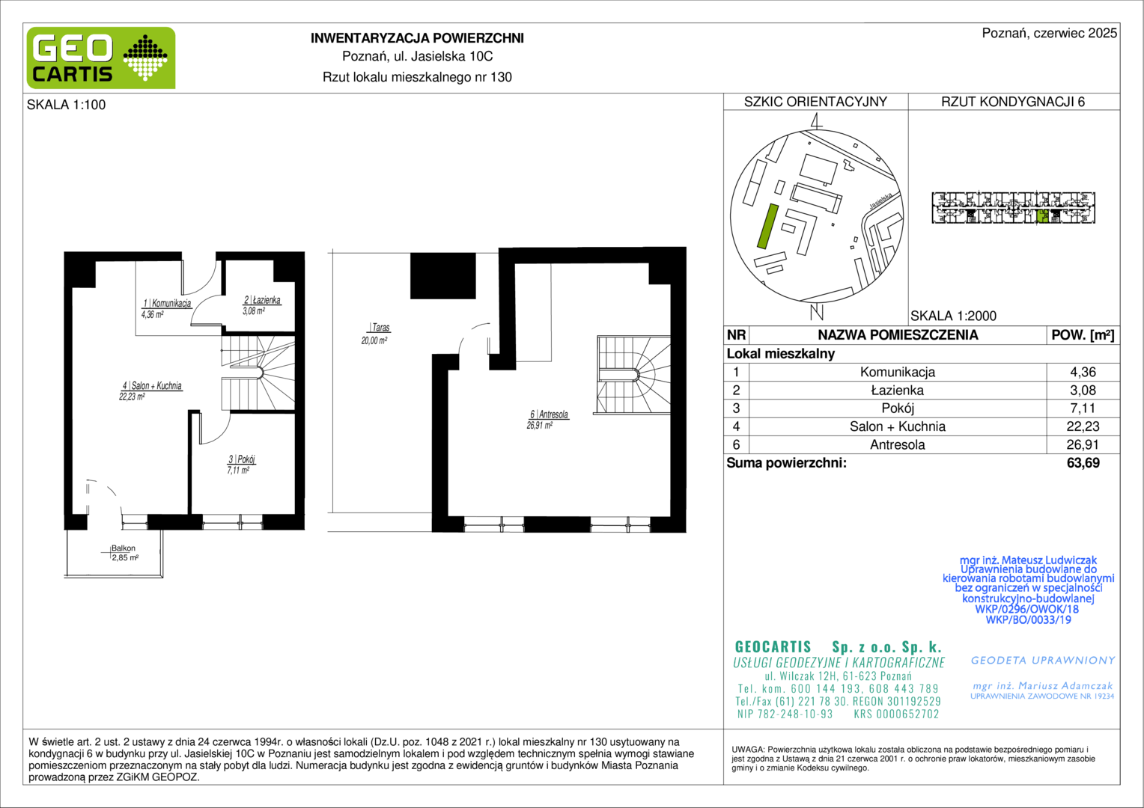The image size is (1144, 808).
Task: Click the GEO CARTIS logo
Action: [x=101, y=58]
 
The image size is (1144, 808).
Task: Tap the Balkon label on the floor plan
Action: [x=123, y=548]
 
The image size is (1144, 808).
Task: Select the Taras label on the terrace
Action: [x=380, y=328]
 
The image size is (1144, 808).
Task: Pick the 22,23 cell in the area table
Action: [x=1083, y=426]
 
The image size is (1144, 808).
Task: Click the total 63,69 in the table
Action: [x=1083, y=463]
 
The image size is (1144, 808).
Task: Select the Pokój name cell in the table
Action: [x=898, y=408]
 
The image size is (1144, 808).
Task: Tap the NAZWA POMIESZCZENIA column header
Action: [x=898, y=335]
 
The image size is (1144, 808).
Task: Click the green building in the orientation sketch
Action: [x=767, y=226]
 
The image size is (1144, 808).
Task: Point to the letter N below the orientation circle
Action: [x=817, y=312]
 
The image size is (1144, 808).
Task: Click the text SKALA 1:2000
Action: [x=953, y=316]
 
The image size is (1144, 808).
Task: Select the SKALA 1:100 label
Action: [x=67, y=105]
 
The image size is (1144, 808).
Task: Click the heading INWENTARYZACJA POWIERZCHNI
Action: [x=417, y=38]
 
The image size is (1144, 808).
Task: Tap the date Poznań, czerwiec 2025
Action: [x=1050, y=33]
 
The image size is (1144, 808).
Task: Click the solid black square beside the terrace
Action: [x=442, y=275]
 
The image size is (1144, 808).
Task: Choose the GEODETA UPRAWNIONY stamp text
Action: [x=1043, y=661]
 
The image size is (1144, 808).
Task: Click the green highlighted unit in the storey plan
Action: [x=1043, y=216]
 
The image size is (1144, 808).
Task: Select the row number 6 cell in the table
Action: [x=736, y=444]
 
